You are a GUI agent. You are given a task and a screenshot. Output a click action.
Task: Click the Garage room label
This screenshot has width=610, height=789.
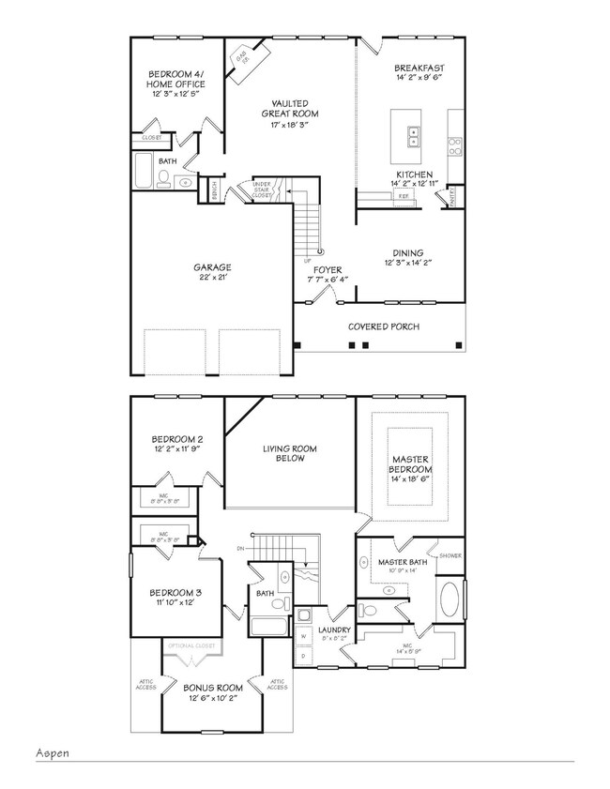coord(214,272)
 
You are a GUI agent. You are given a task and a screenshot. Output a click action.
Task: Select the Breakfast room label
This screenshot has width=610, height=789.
coord(419,73)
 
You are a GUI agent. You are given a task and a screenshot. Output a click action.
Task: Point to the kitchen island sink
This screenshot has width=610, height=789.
coord(413,138)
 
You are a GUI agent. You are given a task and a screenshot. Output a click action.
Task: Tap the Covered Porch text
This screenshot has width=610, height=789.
coord(383,326)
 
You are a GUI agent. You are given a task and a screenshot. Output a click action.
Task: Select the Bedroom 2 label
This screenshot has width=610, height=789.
coord(177,443)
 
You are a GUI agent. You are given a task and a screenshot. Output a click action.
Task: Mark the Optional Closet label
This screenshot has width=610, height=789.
coord(191,646)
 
